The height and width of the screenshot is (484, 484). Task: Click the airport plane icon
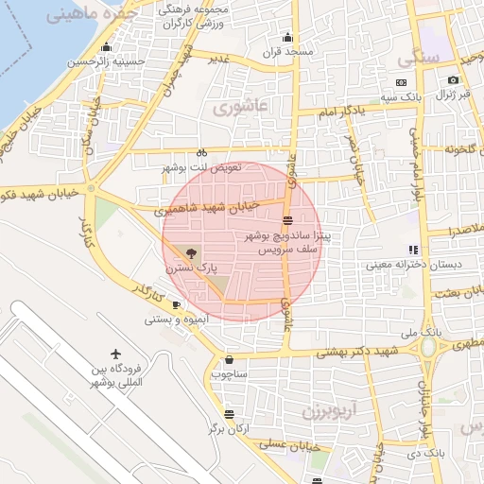[x=115, y=353]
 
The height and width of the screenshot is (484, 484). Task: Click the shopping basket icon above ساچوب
[x=231, y=360]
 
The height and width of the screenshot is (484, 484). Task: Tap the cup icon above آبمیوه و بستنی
[x=177, y=304]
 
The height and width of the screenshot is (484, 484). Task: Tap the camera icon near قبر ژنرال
[x=454, y=80]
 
